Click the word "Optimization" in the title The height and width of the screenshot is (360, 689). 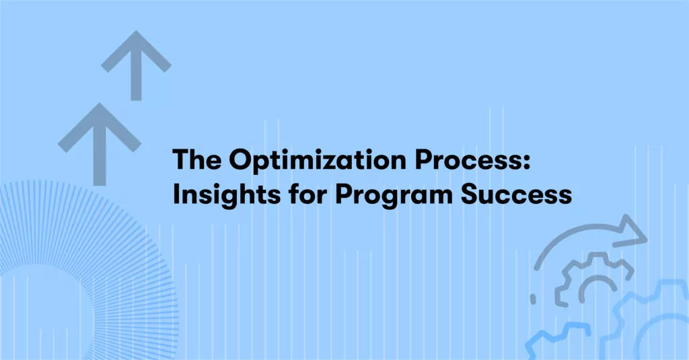point(318,161)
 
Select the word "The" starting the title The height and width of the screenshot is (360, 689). point(196,159)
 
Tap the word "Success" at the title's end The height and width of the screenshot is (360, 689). point(516,194)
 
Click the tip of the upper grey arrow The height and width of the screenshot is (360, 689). point(136,31)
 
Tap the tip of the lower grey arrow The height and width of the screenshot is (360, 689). point(100,104)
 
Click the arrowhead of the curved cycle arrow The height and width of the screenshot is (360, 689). point(631,230)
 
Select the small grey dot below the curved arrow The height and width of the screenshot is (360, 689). point(533,299)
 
